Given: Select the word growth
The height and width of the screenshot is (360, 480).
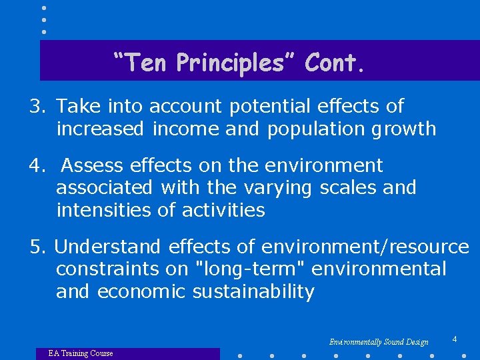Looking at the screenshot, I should point(405,129).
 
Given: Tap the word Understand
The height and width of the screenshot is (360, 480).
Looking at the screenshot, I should point(108,247).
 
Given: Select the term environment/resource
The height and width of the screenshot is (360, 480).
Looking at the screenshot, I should point(365,247).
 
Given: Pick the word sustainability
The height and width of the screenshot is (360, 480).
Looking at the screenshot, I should point(253,292).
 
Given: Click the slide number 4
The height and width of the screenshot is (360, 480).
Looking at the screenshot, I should point(455,339).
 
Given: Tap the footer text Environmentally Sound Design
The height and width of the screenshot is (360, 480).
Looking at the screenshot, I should point(379,342).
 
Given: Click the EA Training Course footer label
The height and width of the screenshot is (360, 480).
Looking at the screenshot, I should point(81,353).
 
